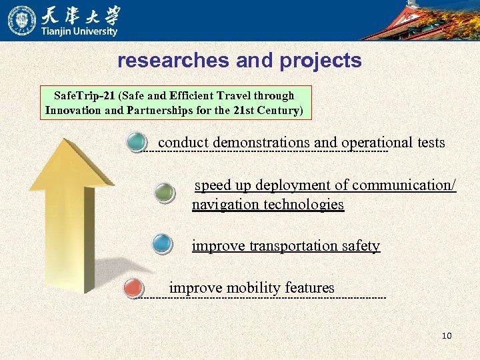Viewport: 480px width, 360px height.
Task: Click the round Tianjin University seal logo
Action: pyautogui.click(x=22, y=20)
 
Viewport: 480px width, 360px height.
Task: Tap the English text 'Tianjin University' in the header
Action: pyautogui.click(x=80, y=31)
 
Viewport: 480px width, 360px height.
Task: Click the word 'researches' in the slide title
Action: pyautogui.click(x=174, y=61)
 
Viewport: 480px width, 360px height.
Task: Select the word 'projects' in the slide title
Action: pyautogui.click(x=321, y=61)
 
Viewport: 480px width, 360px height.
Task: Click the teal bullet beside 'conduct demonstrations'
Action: pyautogui.click(x=137, y=143)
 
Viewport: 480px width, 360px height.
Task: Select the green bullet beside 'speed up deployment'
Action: pyautogui.click(x=164, y=193)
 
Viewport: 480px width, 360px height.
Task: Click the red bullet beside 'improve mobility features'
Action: pyautogui.click(x=134, y=289)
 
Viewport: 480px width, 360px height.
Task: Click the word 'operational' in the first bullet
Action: pyautogui.click(x=377, y=143)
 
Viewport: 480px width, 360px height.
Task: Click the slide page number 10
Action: pyautogui.click(x=447, y=335)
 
